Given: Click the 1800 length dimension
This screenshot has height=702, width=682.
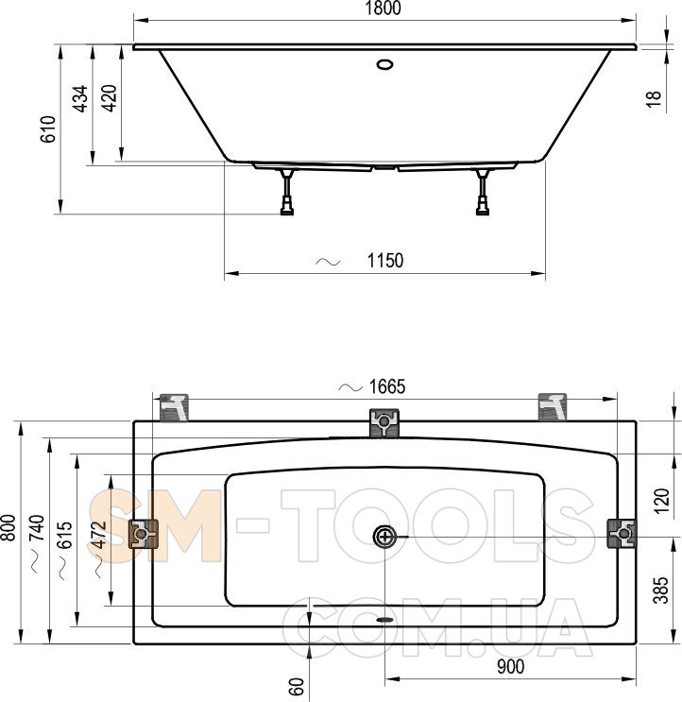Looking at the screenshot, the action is [x=384, y=9].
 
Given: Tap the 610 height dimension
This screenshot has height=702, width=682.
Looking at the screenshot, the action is [x=48, y=128].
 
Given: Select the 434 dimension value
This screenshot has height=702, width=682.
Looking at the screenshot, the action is [x=80, y=98].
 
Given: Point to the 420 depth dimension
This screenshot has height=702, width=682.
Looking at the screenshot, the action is [x=109, y=98].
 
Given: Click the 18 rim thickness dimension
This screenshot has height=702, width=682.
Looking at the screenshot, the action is [x=654, y=98].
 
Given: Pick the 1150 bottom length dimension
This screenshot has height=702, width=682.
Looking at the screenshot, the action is [x=384, y=260].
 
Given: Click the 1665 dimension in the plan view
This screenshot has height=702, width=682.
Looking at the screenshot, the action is [x=387, y=386].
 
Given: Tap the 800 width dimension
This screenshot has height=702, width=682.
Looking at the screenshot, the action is [x=9, y=527].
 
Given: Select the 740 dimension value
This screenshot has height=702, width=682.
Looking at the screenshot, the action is [x=38, y=528].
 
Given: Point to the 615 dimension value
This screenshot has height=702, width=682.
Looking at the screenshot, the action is [x=66, y=535].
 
